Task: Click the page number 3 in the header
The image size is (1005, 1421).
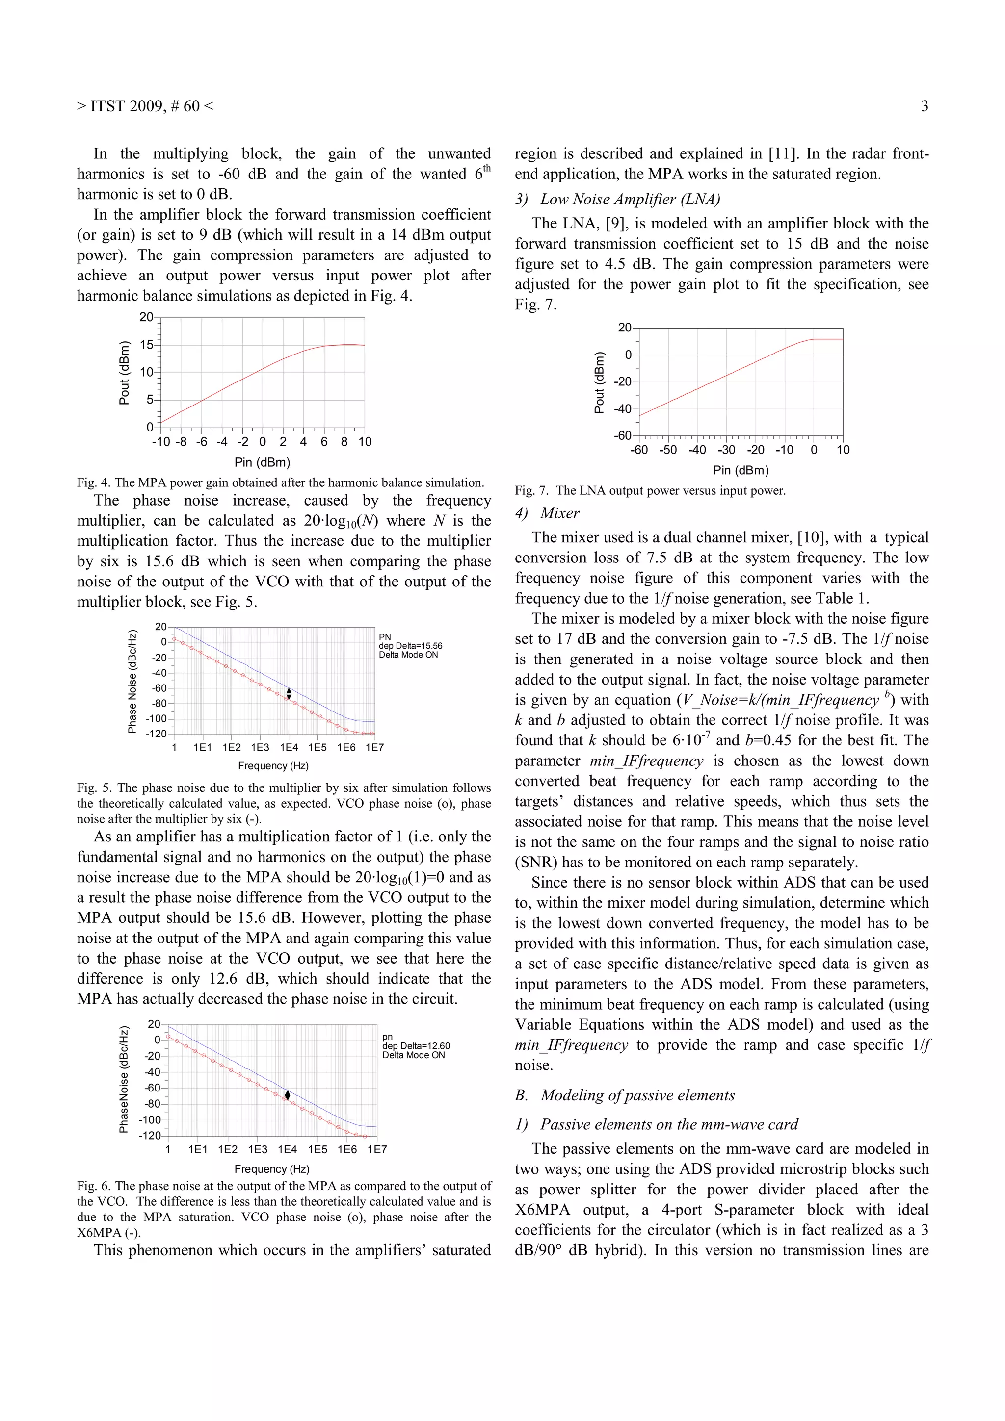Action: (x=924, y=106)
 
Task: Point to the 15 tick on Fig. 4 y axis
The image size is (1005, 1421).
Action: (x=147, y=345)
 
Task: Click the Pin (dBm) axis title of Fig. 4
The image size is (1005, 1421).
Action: (x=262, y=462)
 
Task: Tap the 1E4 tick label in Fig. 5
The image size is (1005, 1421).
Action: (x=289, y=748)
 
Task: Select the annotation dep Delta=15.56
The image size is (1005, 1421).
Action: (x=411, y=645)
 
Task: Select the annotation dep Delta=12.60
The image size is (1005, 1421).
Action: (x=416, y=1046)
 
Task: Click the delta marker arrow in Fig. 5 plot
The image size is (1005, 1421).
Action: (x=289, y=694)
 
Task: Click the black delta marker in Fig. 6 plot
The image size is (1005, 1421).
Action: (x=288, y=1095)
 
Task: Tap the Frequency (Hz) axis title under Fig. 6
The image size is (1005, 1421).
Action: (x=272, y=1169)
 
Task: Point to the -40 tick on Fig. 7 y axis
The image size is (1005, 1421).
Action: (x=622, y=408)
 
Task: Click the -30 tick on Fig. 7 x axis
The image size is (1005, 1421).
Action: (x=726, y=450)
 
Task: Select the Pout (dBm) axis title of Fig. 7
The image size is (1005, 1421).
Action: (x=599, y=382)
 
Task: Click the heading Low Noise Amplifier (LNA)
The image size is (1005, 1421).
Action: (x=630, y=199)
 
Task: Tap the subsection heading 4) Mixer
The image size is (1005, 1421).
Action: (x=547, y=513)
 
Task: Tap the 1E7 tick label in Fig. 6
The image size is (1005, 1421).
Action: (x=376, y=1150)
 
